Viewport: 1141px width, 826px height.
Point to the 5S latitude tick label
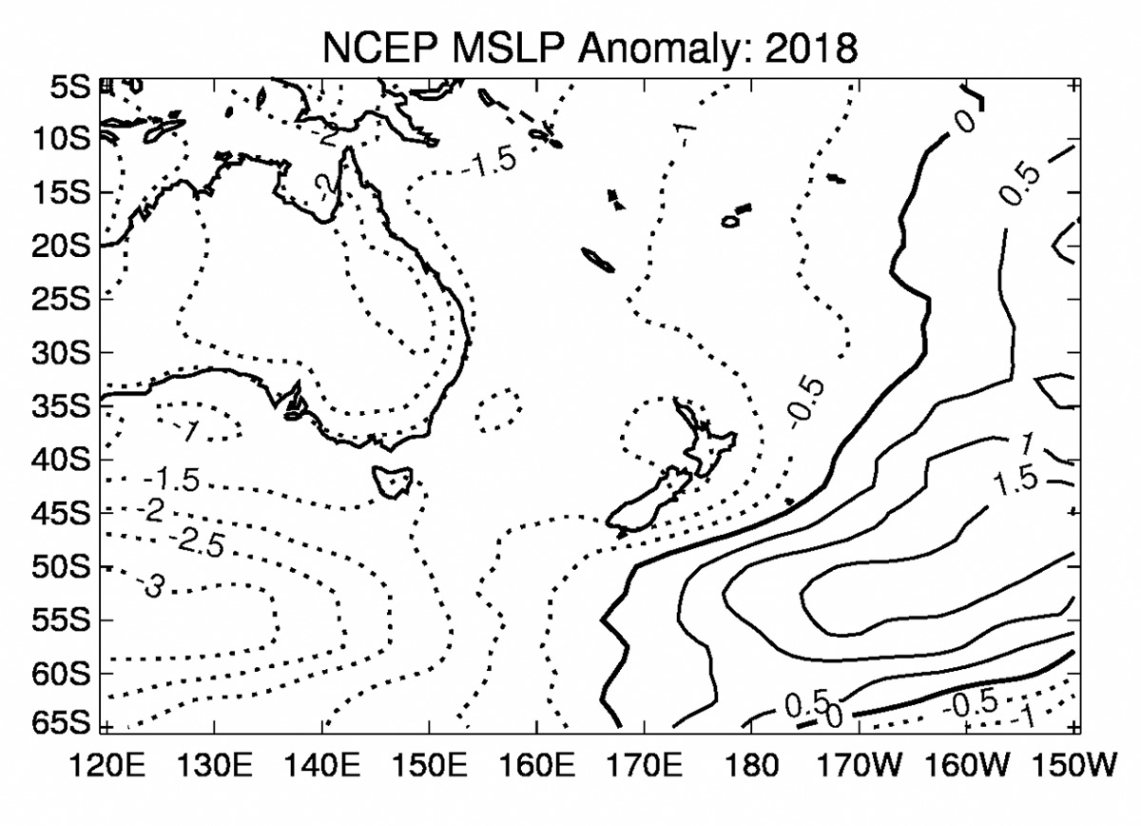(66, 87)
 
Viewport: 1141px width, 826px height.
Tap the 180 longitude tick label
(752, 766)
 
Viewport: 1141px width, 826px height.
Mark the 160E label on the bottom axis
(537, 766)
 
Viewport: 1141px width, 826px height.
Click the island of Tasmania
(392, 480)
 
